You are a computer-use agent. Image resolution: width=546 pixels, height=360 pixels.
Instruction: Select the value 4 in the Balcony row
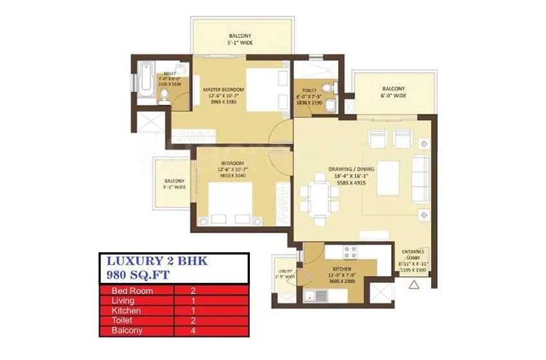click(193, 331)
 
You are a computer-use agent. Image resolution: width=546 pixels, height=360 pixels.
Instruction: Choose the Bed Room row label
click(126, 290)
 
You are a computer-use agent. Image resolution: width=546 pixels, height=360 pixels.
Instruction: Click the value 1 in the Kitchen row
click(193, 310)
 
